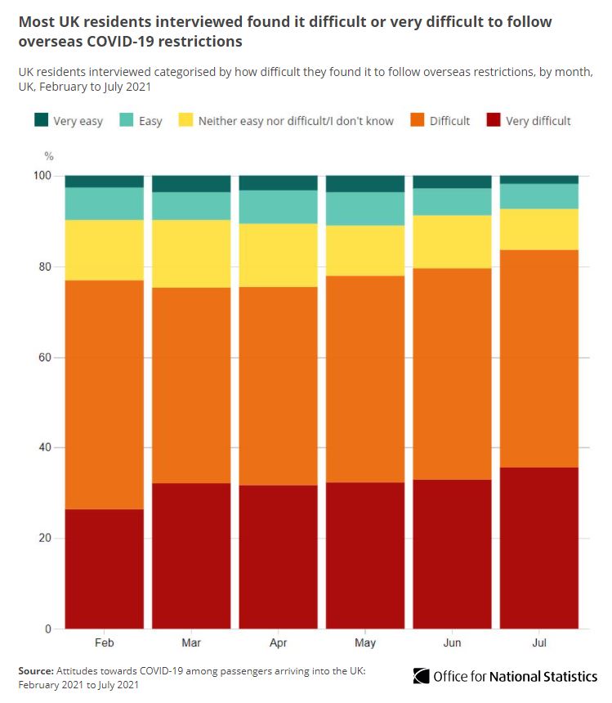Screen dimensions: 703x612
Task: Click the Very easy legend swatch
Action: (x=42, y=120)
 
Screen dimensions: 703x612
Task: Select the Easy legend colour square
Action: (x=127, y=120)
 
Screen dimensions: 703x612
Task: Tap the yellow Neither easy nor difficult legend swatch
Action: (x=186, y=120)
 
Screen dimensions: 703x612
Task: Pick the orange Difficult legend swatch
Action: (x=418, y=120)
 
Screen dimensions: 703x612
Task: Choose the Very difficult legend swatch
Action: (x=494, y=120)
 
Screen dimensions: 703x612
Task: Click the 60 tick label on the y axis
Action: (x=46, y=357)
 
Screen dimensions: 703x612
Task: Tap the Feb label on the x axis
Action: (x=105, y=643)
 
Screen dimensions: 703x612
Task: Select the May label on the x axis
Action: (x=365, y=643)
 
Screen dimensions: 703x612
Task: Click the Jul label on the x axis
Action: (x=539, y=643)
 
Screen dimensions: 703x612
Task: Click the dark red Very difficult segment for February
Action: (x=105, y=569)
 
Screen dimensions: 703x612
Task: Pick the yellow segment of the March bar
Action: (x=191, y=253)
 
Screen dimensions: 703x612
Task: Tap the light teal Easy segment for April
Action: (x=279, y=207)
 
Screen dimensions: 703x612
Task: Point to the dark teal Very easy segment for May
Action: (x=365, y=184)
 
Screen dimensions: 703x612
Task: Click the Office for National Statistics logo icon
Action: (x=421, y=676)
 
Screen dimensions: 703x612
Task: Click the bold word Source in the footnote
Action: (x=36, y=670)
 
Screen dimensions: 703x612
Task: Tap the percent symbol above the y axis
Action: (x=48, y=155)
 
